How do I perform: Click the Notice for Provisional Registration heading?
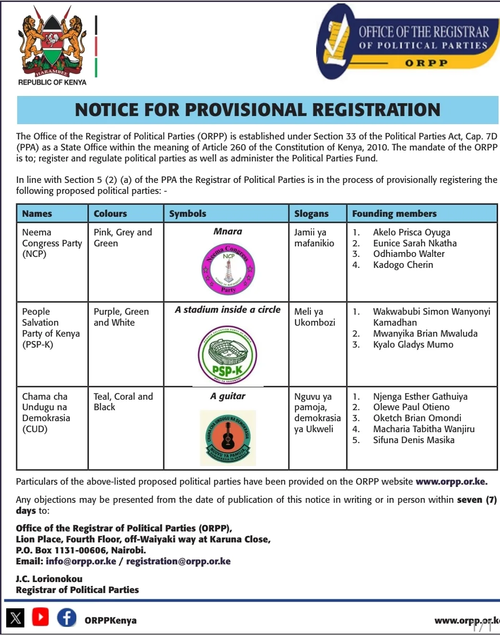[257, 110]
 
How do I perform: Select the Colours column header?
[110, 213]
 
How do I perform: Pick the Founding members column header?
[394, 213]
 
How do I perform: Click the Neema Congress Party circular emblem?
[228, 269]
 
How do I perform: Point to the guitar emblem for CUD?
[228, 437]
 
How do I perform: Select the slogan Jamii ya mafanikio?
[314, 238]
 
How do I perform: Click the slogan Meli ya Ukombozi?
[314, 317]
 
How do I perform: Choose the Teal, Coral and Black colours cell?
[123, 402]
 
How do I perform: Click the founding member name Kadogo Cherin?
[403, 265]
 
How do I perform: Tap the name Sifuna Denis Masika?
[413, 440]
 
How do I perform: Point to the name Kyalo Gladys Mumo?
[413, 344]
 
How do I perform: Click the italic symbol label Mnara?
[228, 232]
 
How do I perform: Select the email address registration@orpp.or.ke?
[178, 561]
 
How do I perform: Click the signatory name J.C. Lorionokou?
[49, 579]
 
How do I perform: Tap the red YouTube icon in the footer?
[41, 617]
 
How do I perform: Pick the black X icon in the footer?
[16, 618]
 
